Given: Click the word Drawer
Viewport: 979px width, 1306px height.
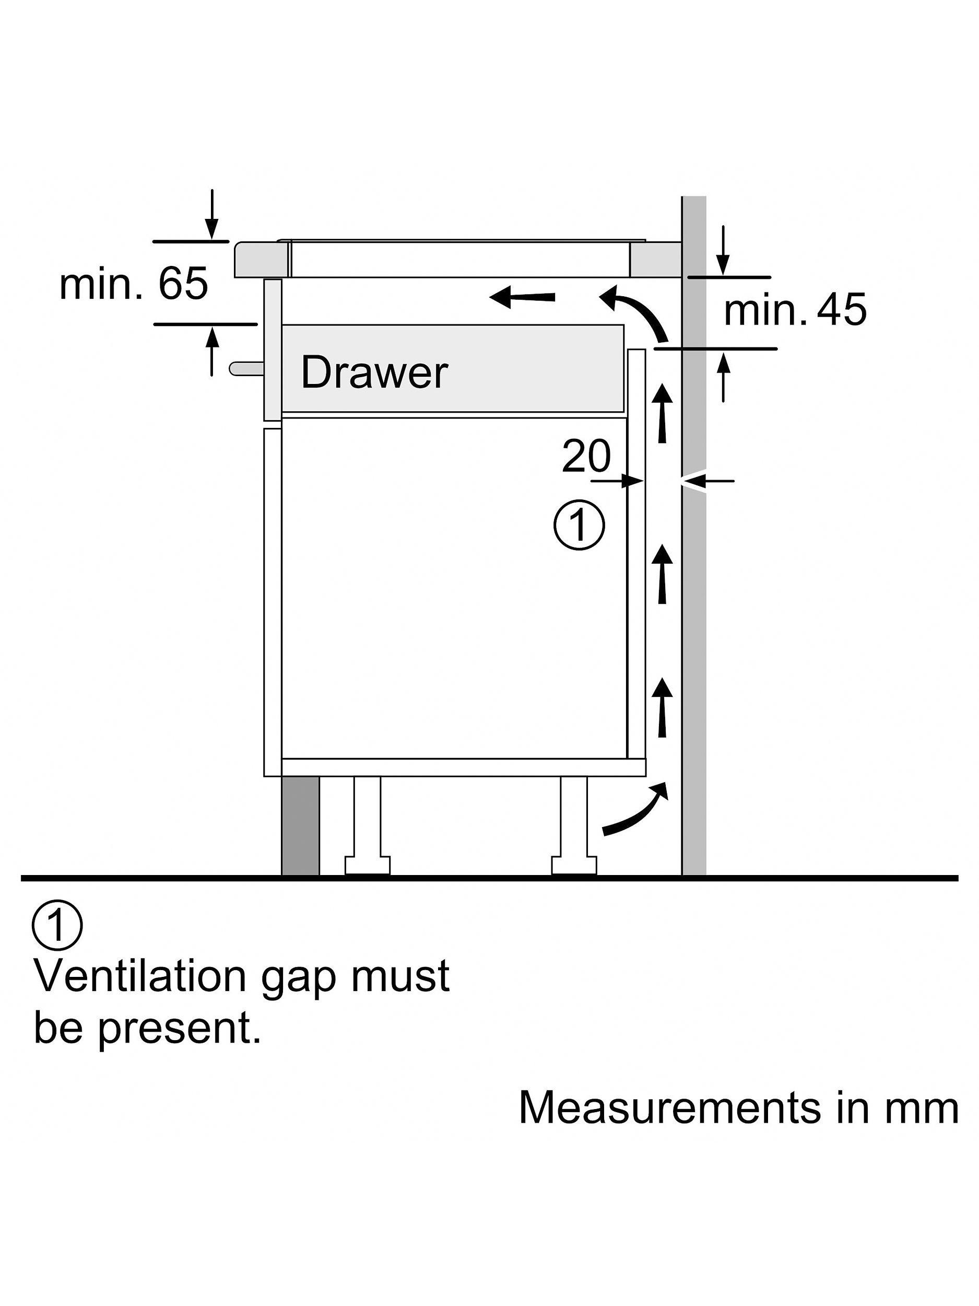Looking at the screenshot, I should [374, 372].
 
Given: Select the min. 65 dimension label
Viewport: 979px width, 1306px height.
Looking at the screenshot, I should [134, 283].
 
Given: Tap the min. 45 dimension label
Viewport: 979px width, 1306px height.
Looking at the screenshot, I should [794, 309].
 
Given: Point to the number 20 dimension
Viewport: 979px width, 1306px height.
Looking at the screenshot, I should [586, 456].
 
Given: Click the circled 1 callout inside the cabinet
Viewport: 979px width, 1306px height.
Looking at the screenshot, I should [579, 526].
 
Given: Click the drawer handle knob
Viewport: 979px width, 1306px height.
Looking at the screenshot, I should [245, 368].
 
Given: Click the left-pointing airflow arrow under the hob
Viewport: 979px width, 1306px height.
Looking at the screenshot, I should [523, 297].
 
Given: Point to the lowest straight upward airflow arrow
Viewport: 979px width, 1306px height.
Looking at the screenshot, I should [663, 707].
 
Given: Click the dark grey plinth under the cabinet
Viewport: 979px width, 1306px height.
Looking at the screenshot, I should [300, 825].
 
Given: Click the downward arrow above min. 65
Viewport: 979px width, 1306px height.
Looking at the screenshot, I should [212, 216].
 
